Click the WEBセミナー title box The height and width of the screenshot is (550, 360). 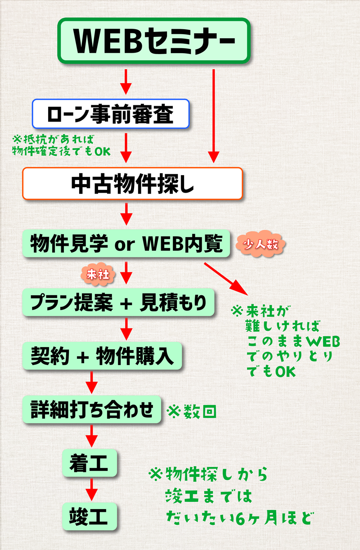(x=154, y=41)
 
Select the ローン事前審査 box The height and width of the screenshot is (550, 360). (x=110, y=114)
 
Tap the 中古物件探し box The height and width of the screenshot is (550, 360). (x=132, y=184)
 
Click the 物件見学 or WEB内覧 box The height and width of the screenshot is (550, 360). (x=126, y=244)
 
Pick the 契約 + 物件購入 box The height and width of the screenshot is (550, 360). (x=102, y=356)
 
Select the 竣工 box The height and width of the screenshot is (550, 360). (x=89, y=516)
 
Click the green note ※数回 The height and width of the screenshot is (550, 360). (x=192, y=411)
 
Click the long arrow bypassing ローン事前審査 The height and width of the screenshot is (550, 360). (x=213, y=115)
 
